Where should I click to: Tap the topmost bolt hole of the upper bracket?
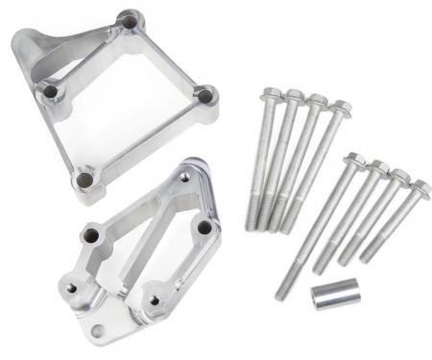click(x=128, y=19)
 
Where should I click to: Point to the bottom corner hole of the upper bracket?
click(x=85, y=180)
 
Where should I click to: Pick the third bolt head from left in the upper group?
click(x=317, y=101)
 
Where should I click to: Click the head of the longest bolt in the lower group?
click(x=352, y=160)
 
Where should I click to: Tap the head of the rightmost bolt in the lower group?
click(x=420, y=186)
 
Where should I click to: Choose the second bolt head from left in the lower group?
click(x=376, y=169)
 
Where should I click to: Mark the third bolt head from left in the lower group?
click(x=398, y=177)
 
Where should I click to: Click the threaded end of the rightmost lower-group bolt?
click(x=365, y=253)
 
